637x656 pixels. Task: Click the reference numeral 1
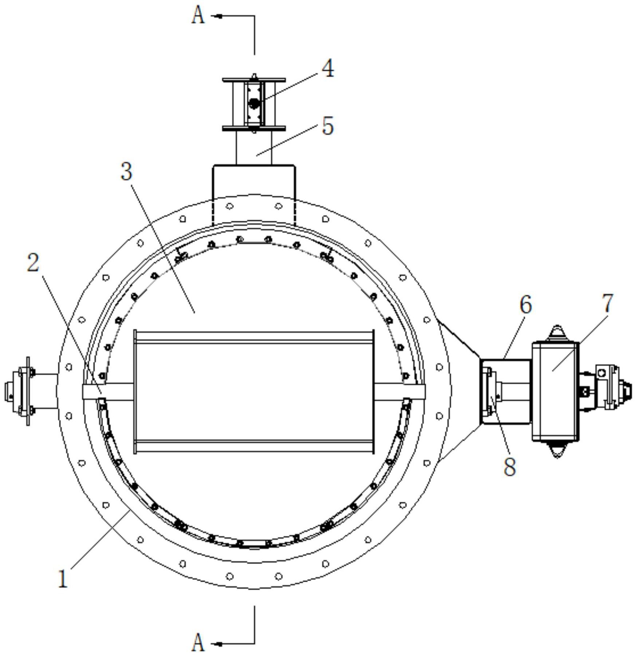(x=63, y=579)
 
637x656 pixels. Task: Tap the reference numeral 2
(x=33, y=263)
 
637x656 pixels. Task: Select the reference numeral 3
(x=126, y=171)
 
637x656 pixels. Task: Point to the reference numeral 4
(x=328, y=68)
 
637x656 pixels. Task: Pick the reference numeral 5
(x=328, y=126)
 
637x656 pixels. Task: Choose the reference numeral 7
(x=608, y=303)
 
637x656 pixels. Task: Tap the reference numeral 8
(x=510, y=466)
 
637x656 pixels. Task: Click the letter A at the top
(x=198, y=16)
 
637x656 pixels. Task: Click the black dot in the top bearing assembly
(x=254, y=104)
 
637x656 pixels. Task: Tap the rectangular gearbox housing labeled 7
(x=555, y=391)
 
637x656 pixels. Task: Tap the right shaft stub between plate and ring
(x=400, y=391)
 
